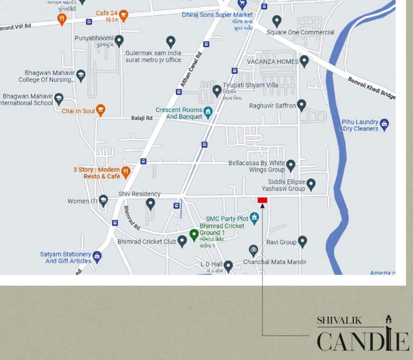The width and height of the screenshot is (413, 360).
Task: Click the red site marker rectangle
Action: [x=262, y=200]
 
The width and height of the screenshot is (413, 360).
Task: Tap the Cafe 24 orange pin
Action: [x=124, y=15]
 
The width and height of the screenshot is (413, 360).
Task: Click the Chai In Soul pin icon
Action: [x=100, y=110]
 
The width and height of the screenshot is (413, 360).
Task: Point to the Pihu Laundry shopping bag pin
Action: [x=384, y=124]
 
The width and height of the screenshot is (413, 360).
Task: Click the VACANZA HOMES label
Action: [x=273, y=62]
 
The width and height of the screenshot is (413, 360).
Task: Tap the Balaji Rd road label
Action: [x=142, y=118]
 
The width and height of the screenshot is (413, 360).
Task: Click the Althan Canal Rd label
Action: [x=191, y=69]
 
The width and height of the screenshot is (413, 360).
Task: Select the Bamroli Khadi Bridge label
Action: [x=371, y=88]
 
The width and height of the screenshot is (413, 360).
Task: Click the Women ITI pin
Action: [x=103, y=201]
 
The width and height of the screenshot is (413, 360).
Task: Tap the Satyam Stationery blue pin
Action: [x=97, y=256]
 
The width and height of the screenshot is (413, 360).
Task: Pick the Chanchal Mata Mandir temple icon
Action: [x=253, y=249]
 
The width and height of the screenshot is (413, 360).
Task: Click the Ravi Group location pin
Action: [x=302, y=241]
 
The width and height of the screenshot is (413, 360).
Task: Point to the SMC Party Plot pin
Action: [x=254, y=218]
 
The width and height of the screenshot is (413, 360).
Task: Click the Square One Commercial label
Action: [x=300, y=32]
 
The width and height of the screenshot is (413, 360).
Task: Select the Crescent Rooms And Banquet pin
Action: [x=208, y=112]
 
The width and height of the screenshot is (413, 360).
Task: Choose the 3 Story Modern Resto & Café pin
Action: [x=125, y=172]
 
